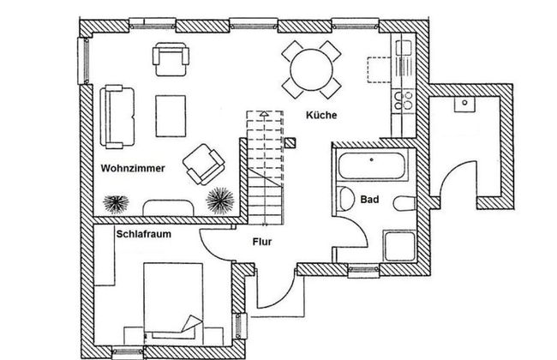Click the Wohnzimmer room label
pos(133,168)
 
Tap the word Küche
pos(321,115)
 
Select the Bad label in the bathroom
pos(369,200)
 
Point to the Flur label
pos(262,242)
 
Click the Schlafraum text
pos(143,234)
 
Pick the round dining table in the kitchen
pos(312,69)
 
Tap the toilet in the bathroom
pos(404,203)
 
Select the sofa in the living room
pos(117,117)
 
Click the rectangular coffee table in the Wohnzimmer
pos(171,116)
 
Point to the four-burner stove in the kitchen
pos(404,100)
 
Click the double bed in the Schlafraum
pos(173,301)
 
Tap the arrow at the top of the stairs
pos(264,114)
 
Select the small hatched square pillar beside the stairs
pos(290,143)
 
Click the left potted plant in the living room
pos(116,204)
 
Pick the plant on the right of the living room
pos(220,201)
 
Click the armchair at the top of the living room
pos(171,59)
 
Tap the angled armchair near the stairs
pos(204,165)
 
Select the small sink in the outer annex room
pos(464,104)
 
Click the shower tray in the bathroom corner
pos(399,246)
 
